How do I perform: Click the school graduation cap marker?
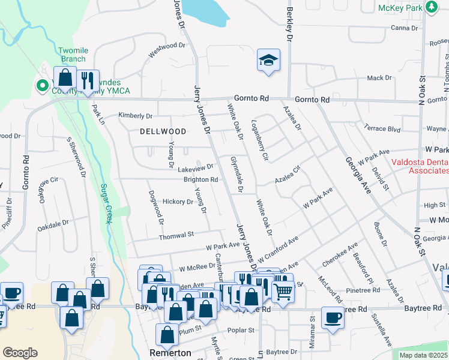pos(268,60)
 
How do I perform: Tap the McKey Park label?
pos(400,8)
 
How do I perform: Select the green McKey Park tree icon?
pos(431,7)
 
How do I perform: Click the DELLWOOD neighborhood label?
pos(163,131)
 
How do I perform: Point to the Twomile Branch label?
pos(73,55)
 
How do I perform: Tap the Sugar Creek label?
pos(107,204)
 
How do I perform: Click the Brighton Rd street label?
pos(200,179)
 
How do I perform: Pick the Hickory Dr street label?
pos(177,202)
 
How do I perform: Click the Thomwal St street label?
pos(176,236)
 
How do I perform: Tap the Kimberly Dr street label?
pos(136,115)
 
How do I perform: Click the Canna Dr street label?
pos(404,28)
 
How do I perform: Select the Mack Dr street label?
pos(379,78)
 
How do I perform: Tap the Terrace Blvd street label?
pos(382,128)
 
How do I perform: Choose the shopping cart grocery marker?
pos(283,292)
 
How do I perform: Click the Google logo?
pos(20,353)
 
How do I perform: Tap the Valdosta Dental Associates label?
pos(420,166)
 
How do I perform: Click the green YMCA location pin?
pos(42,86)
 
